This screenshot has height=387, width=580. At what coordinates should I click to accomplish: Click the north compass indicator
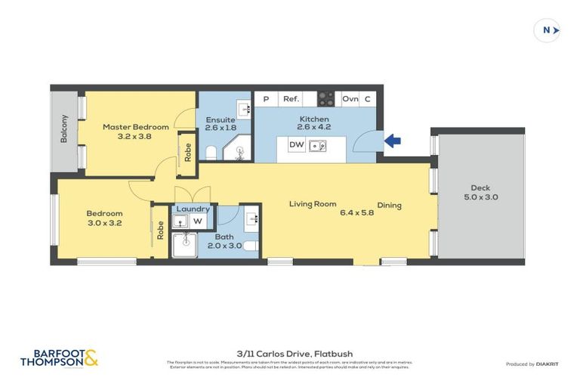click(547, 30)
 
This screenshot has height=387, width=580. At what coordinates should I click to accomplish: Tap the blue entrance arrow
click(393, 141)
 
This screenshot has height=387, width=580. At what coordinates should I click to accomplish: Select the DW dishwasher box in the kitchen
click(296, 145)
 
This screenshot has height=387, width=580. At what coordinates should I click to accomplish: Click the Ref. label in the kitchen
click(291, 99)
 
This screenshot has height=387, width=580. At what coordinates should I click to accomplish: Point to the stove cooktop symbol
click(325, 99)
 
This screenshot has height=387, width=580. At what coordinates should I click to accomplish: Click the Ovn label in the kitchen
click(350, 99)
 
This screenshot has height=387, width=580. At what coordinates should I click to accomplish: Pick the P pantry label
click(266, 99)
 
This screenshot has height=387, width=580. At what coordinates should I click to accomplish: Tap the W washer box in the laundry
click(197, 221)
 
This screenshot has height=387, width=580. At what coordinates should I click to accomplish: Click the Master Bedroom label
click(136, 127)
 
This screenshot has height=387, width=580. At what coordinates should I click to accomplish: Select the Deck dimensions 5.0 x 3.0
click(480, 197)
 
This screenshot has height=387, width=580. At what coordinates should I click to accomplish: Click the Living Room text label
click(312, 203)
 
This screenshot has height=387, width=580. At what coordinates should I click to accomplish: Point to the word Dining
click(390, 205)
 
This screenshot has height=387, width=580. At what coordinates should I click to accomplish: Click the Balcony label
click(65, 129)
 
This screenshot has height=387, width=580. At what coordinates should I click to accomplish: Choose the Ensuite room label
click(220, 119)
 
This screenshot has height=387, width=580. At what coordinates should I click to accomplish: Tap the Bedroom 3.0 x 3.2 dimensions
click(104, 223)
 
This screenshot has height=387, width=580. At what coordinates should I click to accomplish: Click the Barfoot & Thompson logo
click(59, 358)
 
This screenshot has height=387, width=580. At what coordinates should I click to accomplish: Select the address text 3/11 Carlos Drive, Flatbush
click(295, 353)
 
